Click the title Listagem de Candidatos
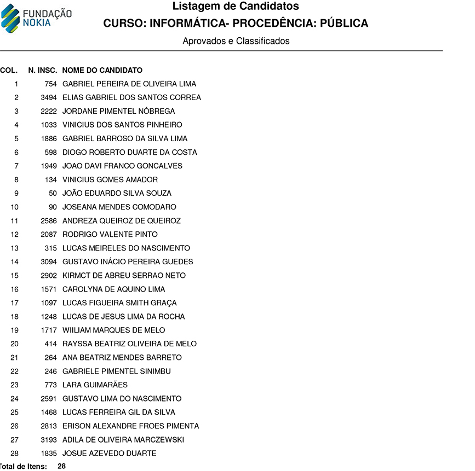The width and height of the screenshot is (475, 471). (236, 7)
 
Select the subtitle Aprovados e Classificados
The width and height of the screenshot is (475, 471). (236, 41)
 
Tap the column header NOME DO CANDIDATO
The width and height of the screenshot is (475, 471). (102, 71)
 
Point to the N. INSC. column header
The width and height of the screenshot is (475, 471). (43, 71)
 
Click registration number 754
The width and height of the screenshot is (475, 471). (51, 84)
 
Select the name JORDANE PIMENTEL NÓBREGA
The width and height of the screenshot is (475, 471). (119, 112)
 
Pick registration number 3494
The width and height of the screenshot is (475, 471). (49, 98)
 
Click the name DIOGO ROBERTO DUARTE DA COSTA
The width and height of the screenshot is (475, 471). (130, 153)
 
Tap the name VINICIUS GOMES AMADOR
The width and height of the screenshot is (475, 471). (110, 180)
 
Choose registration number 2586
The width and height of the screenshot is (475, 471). (49, 221)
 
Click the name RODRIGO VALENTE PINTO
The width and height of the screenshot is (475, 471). (110, 235)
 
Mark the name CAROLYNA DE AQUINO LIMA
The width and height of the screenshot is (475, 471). (114, 289)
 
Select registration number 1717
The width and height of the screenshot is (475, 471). (49, 330)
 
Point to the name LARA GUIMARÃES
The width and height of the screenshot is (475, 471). (95, 385)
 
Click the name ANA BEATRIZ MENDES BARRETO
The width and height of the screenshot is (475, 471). (122, 358)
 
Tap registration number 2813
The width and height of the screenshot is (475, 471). (49, 426)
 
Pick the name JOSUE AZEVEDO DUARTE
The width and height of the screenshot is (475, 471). (110, 453)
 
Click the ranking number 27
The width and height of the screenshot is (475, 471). (15, 440)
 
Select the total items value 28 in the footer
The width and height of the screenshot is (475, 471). (62, 467)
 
